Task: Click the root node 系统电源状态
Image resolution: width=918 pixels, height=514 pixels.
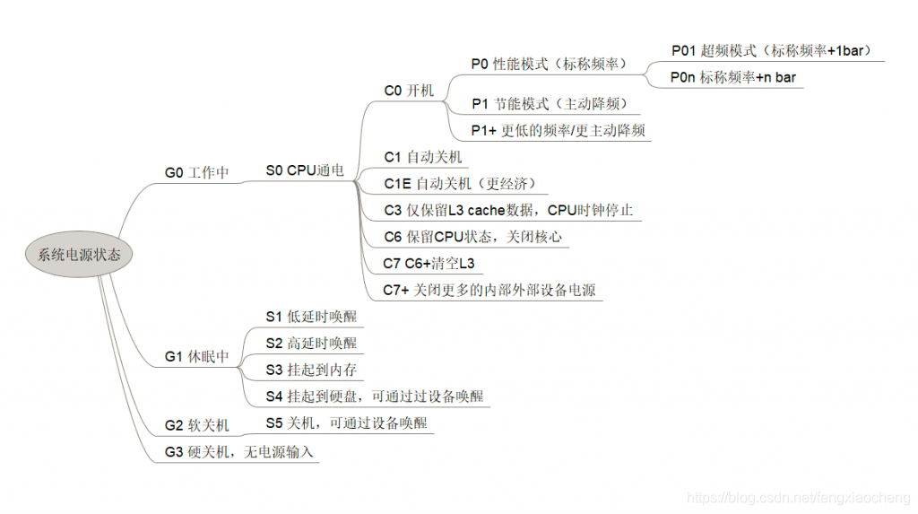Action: (x=79, y=254)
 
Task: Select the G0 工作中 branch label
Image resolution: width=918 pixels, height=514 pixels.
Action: (x=195, y=172)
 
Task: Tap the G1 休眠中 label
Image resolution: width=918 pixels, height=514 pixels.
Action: (x=195, y=356)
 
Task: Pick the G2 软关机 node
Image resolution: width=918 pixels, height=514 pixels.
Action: (x=195, y=425)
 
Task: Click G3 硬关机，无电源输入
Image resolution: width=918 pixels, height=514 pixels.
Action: (x=238, y=452)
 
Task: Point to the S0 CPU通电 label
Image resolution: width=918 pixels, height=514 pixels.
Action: (x=304, y=170)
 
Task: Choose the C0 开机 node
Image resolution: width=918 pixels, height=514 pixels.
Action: (x=409, y=91)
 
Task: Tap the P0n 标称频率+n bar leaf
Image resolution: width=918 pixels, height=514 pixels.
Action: (x=732, y=78)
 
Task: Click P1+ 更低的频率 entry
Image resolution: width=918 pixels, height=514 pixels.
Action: (x=558, y=130)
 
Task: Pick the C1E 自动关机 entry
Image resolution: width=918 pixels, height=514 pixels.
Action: (x=459, y=184)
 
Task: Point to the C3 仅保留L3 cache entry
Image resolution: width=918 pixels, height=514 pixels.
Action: (x=508, y=211)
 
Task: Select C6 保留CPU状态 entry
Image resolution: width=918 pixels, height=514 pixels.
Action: (x=472, y=237)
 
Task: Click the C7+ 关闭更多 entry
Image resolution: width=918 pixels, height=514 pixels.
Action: (x=489, y=290)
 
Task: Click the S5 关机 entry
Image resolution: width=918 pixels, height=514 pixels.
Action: (x=346, y=423)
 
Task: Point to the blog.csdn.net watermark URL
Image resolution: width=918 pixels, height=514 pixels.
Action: (x=797, y=496)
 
